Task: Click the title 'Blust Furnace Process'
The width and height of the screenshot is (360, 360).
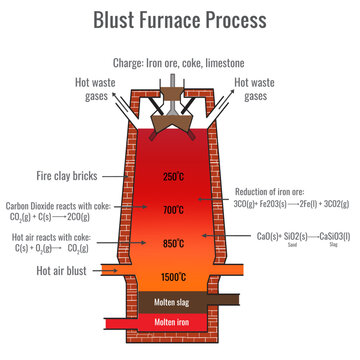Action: pyautogui.click(x=180, y=19)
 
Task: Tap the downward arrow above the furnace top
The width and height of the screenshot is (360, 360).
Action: pyautogui.click(x=180, y=82)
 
